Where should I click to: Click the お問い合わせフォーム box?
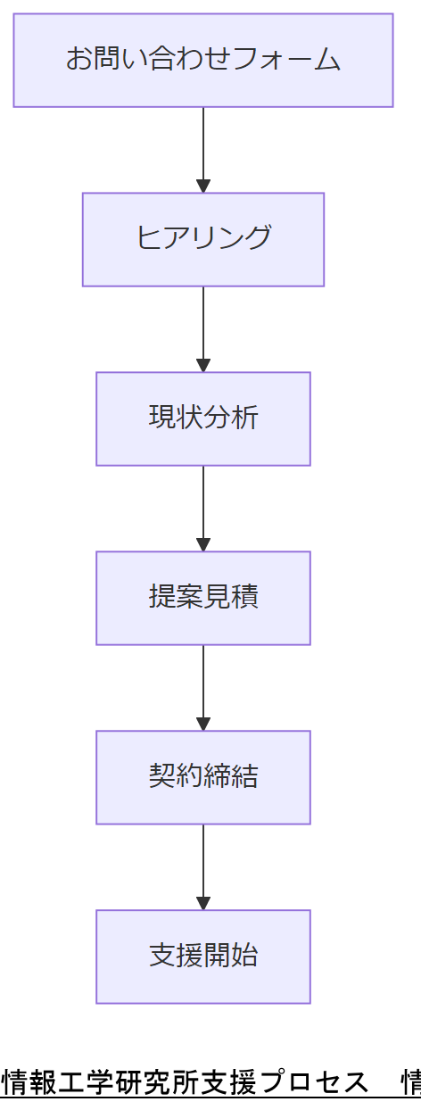tap(203, 60)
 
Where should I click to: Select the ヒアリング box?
tap(203, 239)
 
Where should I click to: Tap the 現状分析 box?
tap(203, 418)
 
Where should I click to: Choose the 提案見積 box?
tap(203, 598)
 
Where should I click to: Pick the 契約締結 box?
tap(203, 777)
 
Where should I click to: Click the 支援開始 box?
tap(203, 957)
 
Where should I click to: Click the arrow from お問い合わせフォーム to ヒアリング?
tap(203, 147)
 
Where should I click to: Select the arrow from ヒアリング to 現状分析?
tap(203, 327)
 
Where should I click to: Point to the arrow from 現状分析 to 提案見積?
tap(203, 506)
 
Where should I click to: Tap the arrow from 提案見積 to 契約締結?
tap(203, 685)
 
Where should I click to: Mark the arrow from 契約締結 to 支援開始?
tap(203, 865)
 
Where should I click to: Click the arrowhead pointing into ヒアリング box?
tap(203, 186)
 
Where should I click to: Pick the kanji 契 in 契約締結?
tap(162, 777)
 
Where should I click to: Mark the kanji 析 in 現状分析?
tap(245, 418)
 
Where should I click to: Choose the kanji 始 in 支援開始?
tap(245, 957)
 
